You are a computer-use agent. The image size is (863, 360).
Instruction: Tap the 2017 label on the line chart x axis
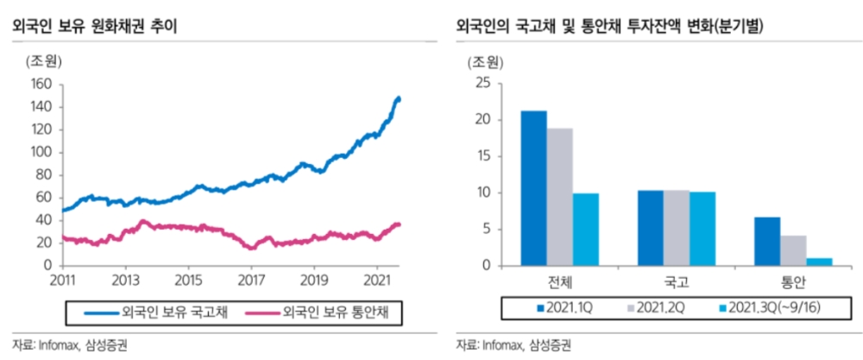pyautogui.click(x=250, y=281)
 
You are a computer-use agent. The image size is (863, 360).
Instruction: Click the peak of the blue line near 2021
pyautogui.click(x=398, y=98)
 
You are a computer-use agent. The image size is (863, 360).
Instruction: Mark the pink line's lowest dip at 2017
pyautogui.click(x=251, y=248)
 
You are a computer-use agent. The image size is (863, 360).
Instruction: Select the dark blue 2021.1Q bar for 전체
pyautogui.click(x=533, y=188)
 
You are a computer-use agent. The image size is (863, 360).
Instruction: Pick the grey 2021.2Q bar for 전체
pyautogui.click(x=559, y=197)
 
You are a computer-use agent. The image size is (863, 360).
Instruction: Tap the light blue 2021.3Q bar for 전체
pyautogui.click(x=585, y=230)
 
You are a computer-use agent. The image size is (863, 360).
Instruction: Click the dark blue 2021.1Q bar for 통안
pyautogui.click(x=768, y=242)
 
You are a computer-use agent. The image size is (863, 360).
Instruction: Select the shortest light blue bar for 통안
pyautogui.click(x=820, y=262)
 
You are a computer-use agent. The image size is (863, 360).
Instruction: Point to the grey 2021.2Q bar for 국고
pyautogui.click(x=677, y=228)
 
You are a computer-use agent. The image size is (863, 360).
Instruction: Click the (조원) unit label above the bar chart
pyautogui.click(x=485, y=62)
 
